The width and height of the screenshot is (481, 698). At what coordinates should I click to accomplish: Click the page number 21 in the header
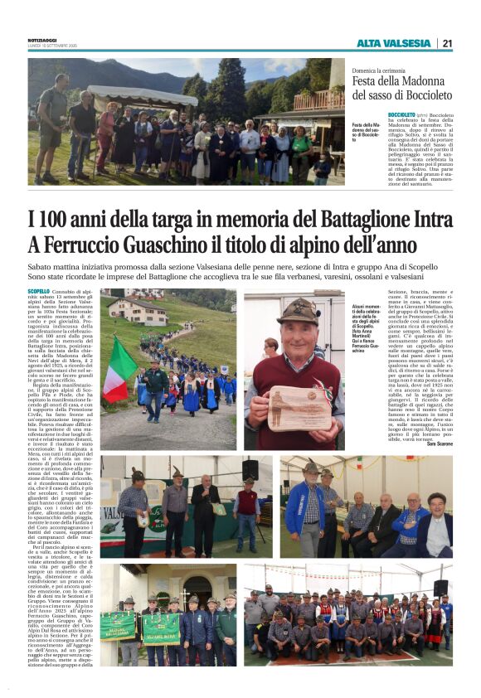point(447,43)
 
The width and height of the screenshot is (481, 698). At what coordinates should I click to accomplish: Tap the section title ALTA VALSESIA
point(394,43)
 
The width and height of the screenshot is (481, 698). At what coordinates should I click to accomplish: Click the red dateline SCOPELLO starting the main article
point(38,292)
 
